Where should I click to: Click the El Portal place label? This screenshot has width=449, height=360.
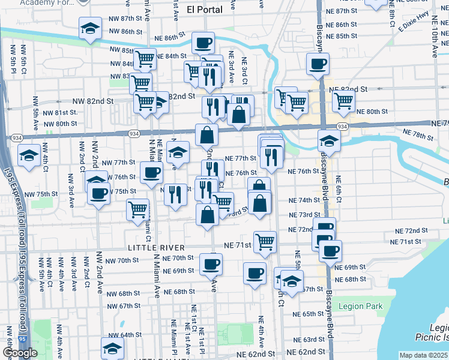pos(204,9)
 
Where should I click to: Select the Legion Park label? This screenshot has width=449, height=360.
pos(360,307)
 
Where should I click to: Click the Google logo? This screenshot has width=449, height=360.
pos(20,353)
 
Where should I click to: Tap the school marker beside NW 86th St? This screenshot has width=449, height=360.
pos(90,28)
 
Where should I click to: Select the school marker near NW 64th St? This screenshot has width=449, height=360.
pos(112,348)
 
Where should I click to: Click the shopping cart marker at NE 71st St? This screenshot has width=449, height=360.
pos(265,242)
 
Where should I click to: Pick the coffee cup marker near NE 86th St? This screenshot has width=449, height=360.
pos(203,43)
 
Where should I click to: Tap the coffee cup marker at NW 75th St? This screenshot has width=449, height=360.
pos(98,193)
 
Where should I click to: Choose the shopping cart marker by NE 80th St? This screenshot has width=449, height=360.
pos(343,100)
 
